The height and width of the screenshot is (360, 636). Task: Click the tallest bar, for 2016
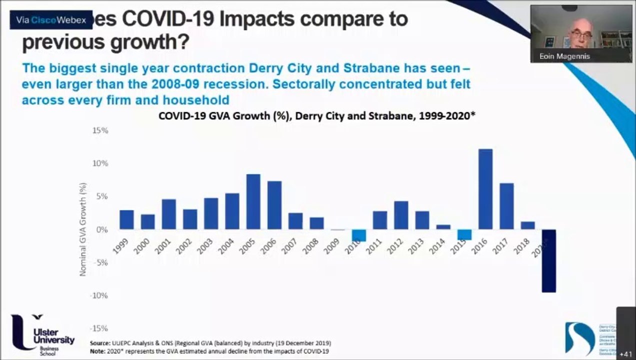[485, 189]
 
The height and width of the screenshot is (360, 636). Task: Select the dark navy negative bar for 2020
[548, 260]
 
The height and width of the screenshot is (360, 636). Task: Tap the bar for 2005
[253, 201]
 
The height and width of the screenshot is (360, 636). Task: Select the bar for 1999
[126, 219]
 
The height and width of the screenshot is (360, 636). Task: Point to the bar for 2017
[506, 206]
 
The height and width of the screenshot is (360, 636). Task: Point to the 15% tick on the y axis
[99, 130]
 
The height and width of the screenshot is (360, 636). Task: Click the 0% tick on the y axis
[102, 229]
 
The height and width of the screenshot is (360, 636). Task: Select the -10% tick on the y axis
[99, 295]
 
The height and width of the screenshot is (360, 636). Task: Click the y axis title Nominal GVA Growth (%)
[82, 229]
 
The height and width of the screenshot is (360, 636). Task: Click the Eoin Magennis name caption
[564, 56]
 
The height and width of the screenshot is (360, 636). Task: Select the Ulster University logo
[43, 334]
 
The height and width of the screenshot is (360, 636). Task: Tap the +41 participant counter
[626, 354]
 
